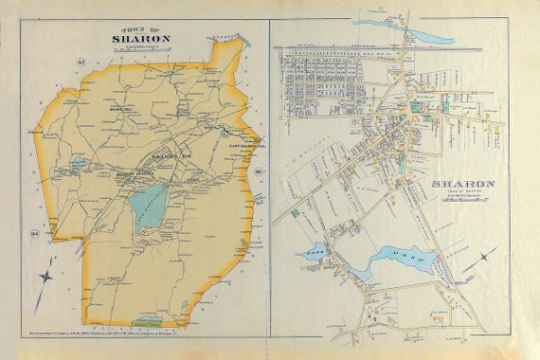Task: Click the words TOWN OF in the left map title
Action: (x=143, y=28)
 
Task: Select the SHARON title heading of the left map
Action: (x=142, y=40)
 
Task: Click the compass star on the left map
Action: (x=46, y=279)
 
